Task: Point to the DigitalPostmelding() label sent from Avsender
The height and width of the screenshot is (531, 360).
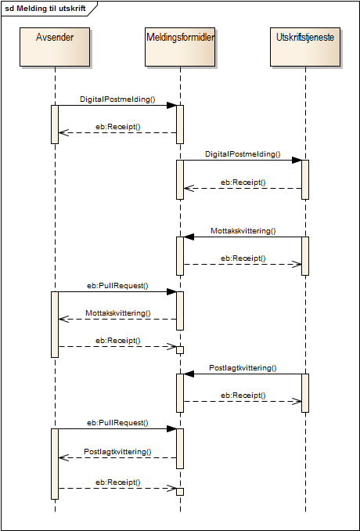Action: (x=117, y=99)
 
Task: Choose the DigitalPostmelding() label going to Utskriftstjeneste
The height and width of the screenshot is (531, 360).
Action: (x=243, y=154)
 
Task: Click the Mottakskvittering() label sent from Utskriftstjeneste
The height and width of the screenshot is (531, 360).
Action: (x=243, y=231)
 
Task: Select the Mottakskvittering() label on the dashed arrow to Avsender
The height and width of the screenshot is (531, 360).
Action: (x=117, y=312)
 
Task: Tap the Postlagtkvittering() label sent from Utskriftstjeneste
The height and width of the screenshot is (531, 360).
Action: (x=243, y=367)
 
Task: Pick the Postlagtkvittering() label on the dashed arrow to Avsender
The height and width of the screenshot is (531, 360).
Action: (x=117, y=452)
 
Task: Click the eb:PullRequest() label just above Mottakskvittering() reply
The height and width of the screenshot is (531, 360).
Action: (x=117, y=286)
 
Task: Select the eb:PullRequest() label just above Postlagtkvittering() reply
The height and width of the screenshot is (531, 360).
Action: (x=117, y=423)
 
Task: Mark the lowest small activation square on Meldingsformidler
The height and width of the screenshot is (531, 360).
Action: (x=180, y=491)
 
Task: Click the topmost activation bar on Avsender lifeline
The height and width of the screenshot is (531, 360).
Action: (x=55, y=124)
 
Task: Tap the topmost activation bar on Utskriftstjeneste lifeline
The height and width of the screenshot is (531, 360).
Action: (x=305, y=179)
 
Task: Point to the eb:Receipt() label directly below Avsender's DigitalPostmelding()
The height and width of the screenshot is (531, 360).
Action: (x=117, y=126)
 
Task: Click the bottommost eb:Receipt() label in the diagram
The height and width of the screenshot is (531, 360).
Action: (x=117, y=482)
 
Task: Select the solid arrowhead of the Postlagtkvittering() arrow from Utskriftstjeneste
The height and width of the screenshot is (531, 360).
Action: (x=188, y=374)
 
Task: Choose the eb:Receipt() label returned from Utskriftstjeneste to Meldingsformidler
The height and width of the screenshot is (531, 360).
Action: (x=243, y=182)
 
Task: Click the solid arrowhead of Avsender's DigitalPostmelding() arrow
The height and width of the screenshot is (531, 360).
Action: (x=171, y=106)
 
